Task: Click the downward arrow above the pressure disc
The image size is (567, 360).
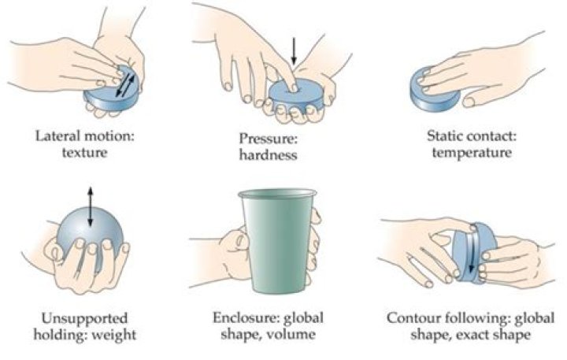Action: [x=294, y=53]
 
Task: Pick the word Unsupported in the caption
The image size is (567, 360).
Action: [x=82, y=319]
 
